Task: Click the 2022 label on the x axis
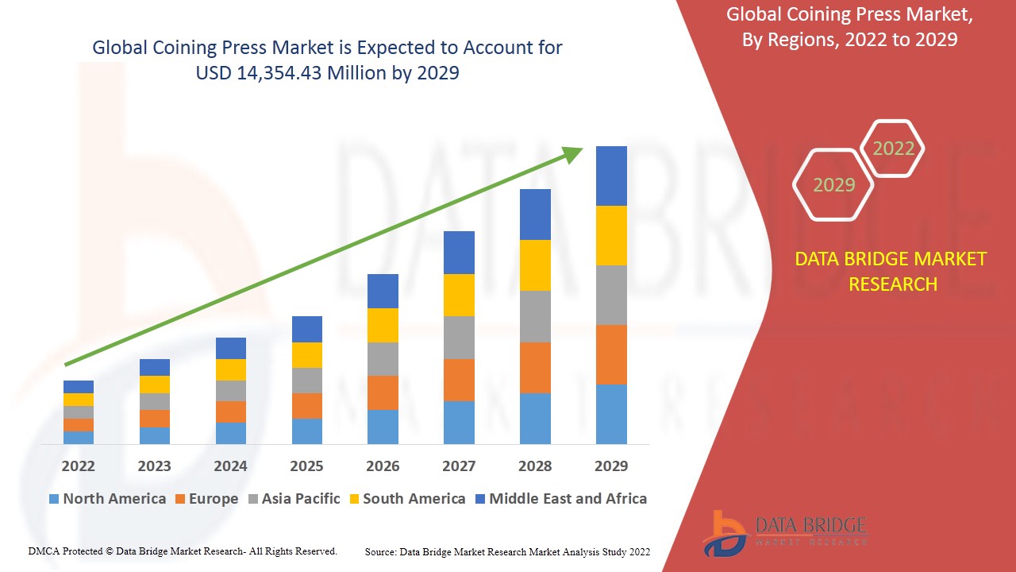point(78,466)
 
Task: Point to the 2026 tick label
point(383,466)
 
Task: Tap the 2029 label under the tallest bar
point(611,466)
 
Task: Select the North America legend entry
point(107,499)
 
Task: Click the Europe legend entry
point(206,499)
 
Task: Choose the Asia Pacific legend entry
point(294,499)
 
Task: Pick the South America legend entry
point(406,499)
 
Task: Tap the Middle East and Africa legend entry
point(560,499)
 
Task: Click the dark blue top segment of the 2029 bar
point(611,176)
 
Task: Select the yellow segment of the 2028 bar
point(535,265)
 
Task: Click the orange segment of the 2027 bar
point(459,380)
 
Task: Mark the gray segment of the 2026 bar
point(383,359)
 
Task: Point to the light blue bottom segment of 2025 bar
point(307,431)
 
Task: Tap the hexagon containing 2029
point(833,185)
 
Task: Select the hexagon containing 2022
point(893,149)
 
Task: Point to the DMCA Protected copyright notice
point(183,551)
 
